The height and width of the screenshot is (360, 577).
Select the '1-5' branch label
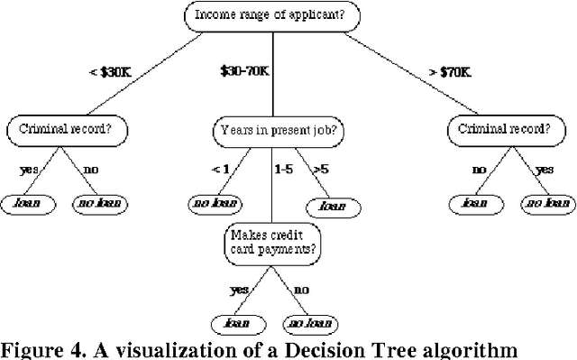coord(285,168)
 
